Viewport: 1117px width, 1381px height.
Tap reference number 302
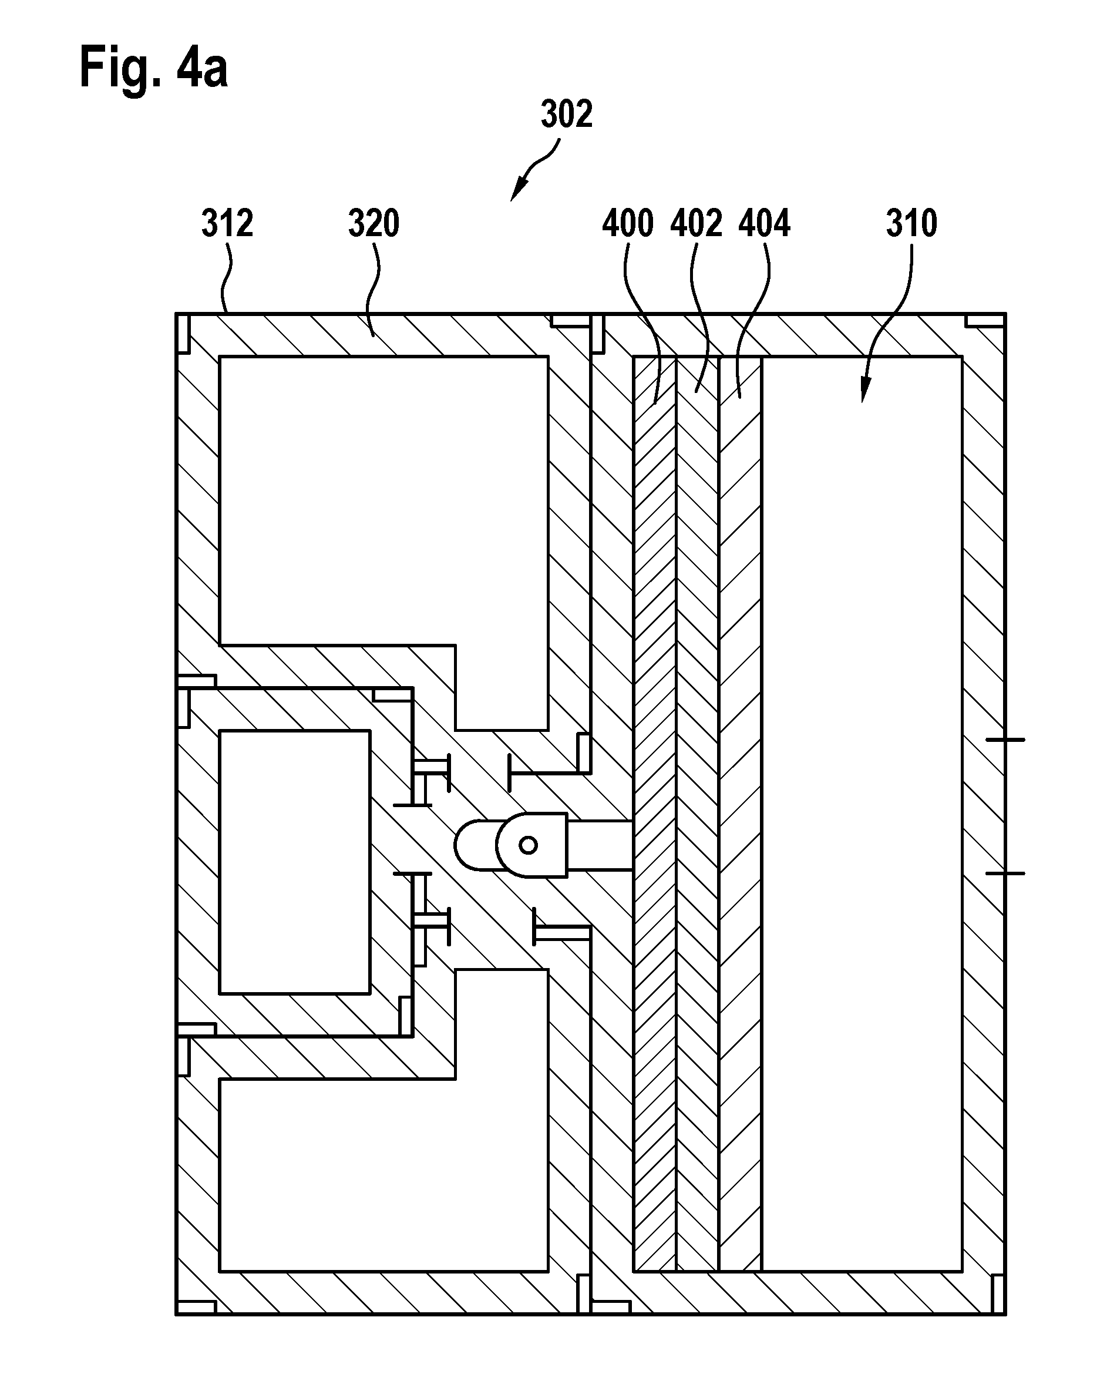point(566,114)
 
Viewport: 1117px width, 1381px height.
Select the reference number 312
point(227,223)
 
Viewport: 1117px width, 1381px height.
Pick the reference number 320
point(374,223)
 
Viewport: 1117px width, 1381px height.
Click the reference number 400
point(628,223)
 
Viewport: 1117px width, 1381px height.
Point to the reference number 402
point(696,223)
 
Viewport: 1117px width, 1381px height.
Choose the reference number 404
point(765,223)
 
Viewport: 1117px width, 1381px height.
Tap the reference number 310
point(911,223)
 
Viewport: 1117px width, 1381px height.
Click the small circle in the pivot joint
point(529,845)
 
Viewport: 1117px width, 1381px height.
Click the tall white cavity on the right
point(862,814)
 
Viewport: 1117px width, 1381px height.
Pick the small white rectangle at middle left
point(295,862)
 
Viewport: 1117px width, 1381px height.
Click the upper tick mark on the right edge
point(1005,740)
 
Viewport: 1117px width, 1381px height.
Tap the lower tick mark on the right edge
point(1005,873)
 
